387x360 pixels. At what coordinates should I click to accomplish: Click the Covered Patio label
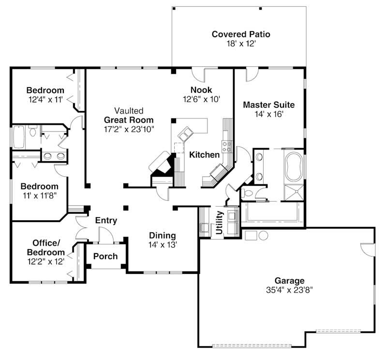pyautogui.click(x=240, y=34)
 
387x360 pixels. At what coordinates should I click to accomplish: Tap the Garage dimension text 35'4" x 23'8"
pyautogui.click(x=290, y=291)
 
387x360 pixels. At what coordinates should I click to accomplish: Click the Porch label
pyautogui.click(x=105, y=256)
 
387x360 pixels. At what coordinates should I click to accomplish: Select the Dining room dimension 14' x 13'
pyautogui.click(x=163, y=245)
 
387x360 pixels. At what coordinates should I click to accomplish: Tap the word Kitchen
pyautogui.click(x=204, y=155)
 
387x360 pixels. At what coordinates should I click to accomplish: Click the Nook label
pyautogui.click(x=201, y=90)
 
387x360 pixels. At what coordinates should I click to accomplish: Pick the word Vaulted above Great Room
pyautogui.click(x=129, y=110)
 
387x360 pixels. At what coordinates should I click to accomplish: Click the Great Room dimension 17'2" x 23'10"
pyautogui.click(x=129, y=129)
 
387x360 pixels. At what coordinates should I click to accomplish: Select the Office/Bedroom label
pyautogui.click(x=48, y=247)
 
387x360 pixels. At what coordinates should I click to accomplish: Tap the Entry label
pyautogui.click(x=106, y=221)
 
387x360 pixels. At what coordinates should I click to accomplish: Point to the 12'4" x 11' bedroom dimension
pyautogui.click(x=45, y=100)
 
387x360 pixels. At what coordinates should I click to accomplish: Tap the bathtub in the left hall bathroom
pyautogui.click(x=18, y=137)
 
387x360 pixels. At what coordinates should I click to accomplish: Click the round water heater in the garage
pyautogui.click(x=263, y=236)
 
